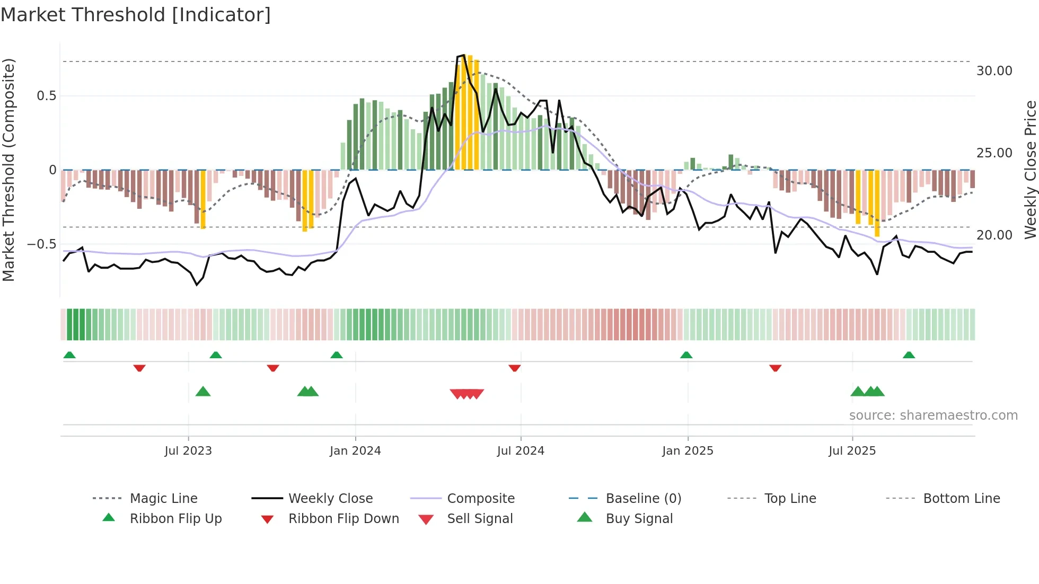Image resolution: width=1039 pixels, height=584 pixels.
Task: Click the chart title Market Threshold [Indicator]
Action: point(136,15)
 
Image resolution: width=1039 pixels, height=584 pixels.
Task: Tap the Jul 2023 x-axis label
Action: point(188,451)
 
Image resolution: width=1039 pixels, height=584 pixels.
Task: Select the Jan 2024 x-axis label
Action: point(355,451)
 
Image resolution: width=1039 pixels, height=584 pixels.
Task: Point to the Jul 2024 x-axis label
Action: point(521,451)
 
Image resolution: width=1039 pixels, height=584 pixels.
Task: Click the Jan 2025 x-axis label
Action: point(688,451)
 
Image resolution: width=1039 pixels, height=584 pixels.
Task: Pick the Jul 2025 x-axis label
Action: point(852,451)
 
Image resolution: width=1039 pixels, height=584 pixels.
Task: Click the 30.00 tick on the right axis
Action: point(994,71)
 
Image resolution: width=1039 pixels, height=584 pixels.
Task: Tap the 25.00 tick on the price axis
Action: point(994,153)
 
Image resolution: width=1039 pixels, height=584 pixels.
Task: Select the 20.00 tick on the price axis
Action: point(994,235)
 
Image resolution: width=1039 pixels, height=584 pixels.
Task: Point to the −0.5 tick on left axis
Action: point(41,244)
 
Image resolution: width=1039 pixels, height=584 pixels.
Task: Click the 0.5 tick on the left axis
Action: point(46,96)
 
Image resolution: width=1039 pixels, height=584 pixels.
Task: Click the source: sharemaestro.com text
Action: point(933,415)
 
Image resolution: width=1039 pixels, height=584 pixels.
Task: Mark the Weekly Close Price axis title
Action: point(1030,170)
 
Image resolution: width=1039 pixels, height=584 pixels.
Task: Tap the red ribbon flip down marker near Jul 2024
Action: point(514,368)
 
